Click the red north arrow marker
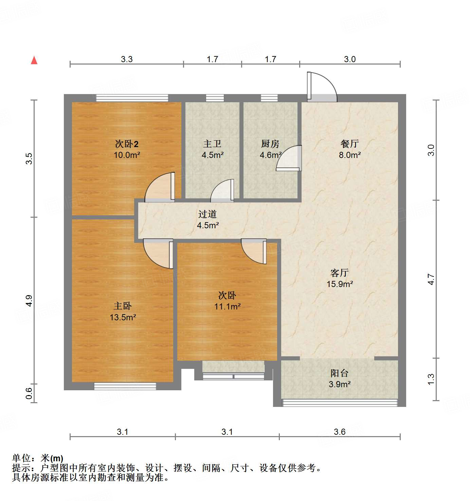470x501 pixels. pos(34,60)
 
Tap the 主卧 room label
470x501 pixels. pos(123,306)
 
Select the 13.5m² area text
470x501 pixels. pos(123,317)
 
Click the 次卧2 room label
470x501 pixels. pos(127,144)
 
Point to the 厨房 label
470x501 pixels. pos(270,144)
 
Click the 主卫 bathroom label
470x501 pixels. pos(212,144)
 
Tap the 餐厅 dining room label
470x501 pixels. pos(350,144)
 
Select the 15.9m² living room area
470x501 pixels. pos(340,284)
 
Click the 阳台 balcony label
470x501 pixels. pos(340,373)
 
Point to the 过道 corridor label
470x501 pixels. pos(207,214)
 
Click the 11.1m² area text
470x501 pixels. pos(227,306)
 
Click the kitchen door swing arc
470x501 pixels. pos(289,158)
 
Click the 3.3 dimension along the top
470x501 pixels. pos(127,59)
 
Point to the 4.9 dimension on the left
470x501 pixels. pos(29,301)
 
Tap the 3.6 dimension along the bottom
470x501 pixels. pos(340,432)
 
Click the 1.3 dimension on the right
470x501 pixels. pos(431,379)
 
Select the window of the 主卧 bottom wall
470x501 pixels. pos(125,386)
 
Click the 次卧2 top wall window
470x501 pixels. pos(132,98)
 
